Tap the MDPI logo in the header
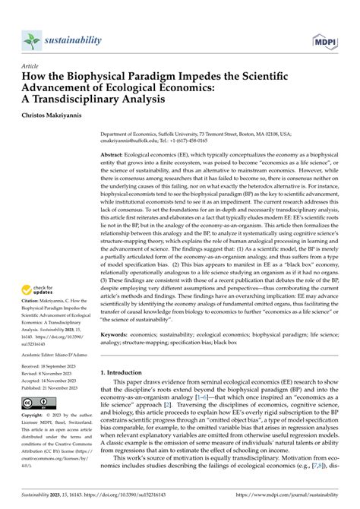pos(326,39)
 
